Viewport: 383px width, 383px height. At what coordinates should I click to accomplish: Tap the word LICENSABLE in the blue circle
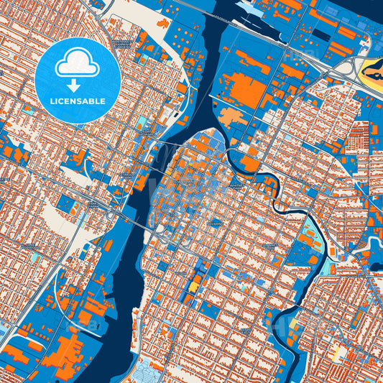point(78,101)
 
